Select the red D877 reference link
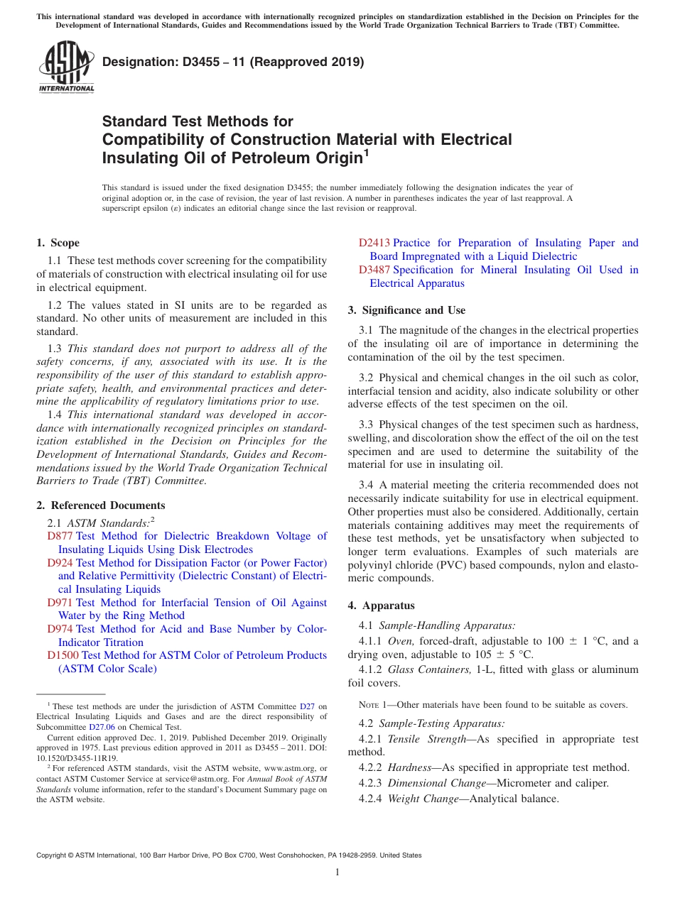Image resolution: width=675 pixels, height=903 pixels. click(x=60, y=536)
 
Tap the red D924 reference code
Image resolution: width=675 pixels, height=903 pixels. click(x=60, y=563)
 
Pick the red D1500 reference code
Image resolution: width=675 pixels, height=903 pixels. click(x=63, y=655)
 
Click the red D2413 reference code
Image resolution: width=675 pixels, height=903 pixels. click(x=374, y=243)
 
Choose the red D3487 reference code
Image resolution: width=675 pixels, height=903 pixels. click(x=374, y=270)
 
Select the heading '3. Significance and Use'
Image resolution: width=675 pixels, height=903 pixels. click(x=406, y=310)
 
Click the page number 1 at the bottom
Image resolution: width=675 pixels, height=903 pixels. click(x=337, y=872)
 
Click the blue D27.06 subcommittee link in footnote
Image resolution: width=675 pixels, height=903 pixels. click(x=102, y=727)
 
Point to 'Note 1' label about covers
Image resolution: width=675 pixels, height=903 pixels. click(x=374, y=705)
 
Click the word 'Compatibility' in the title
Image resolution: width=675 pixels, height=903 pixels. click(x=153, y=139)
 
